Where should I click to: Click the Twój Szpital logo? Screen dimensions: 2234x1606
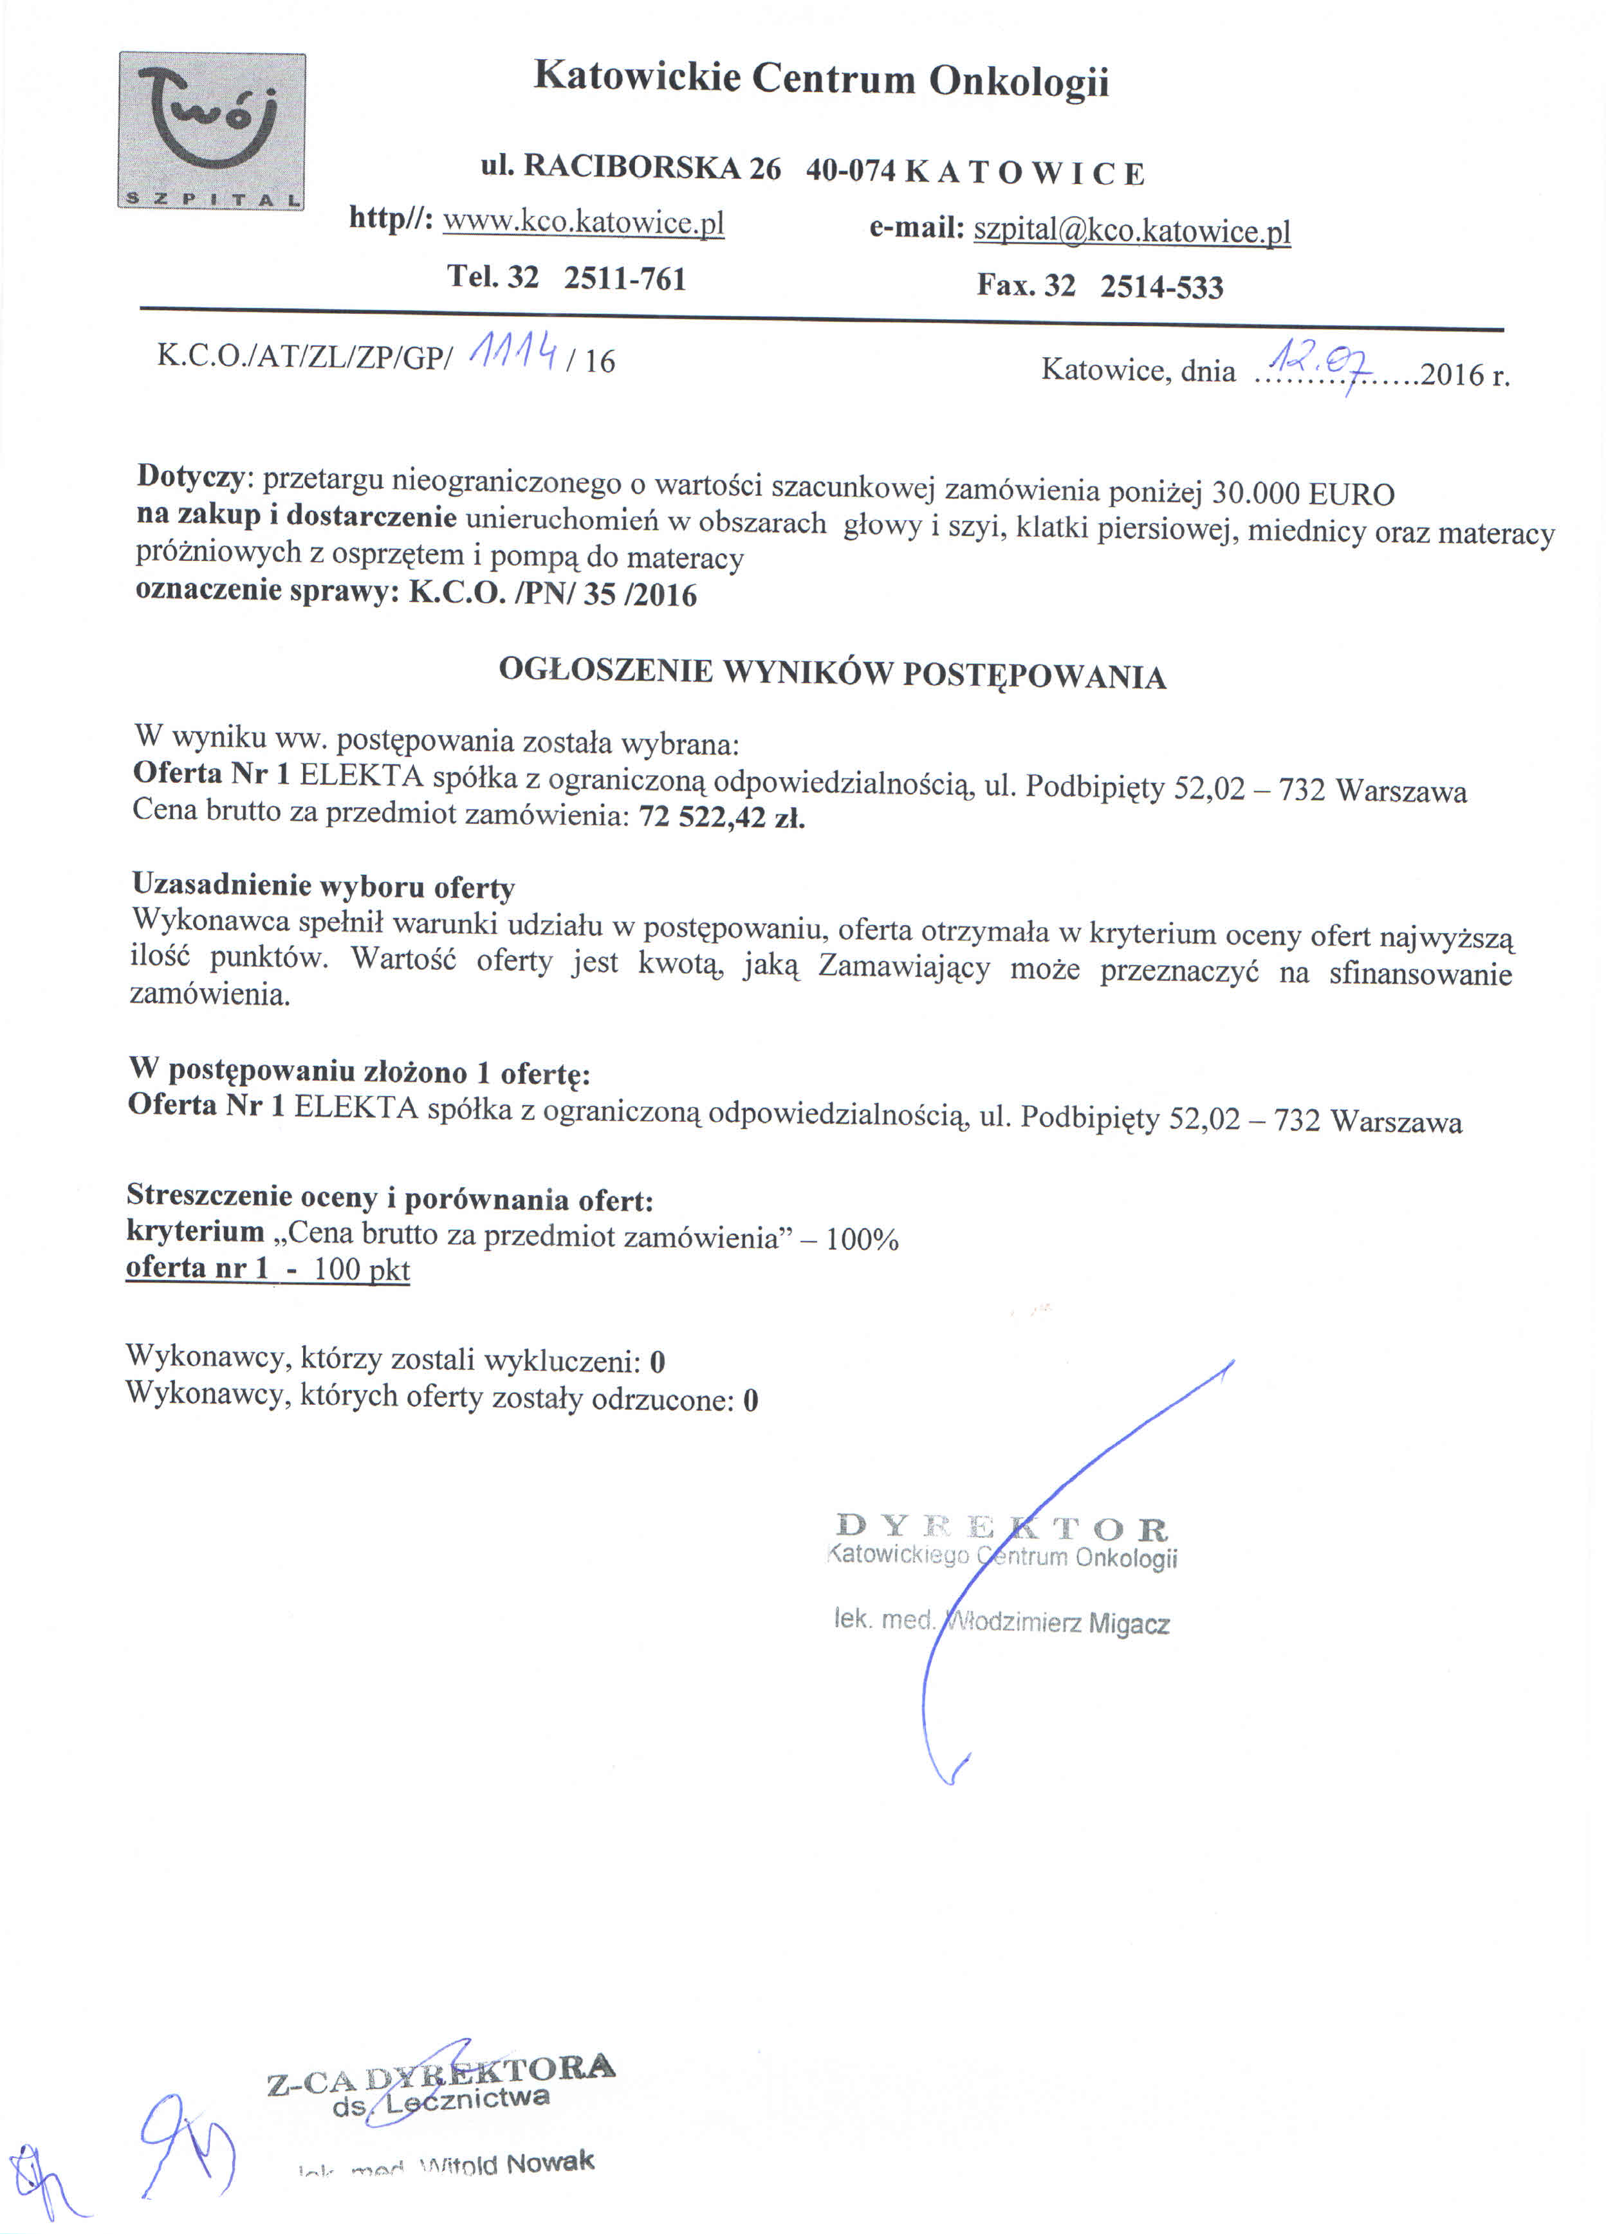(212, 131)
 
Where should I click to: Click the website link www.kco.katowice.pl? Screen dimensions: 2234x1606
(584, 222)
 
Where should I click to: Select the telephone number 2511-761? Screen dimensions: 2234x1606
(625, 279)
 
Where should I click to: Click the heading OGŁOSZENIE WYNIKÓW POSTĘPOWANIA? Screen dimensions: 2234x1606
(833, 673)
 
